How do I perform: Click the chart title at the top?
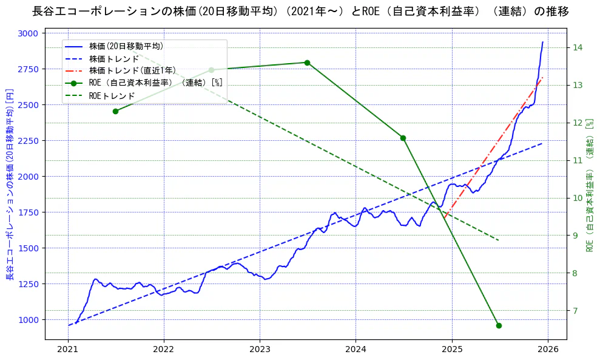coord(300,12)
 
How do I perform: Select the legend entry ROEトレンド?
coord(112,96)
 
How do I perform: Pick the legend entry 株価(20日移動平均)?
coord(126,46)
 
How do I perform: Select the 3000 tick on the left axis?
coord(29,33)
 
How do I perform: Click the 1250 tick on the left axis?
coord(29,284)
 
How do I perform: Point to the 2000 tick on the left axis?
coord(29,177)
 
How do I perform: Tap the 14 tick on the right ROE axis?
coord(578,48)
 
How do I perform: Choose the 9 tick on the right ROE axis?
coord(578,236)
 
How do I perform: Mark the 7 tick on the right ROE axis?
coord(578,311)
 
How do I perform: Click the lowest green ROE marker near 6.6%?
coord(499,325)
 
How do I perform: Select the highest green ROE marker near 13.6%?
coord(307,63)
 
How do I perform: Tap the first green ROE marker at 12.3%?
coord(115,111)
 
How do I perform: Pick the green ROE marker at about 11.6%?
coord(403,138)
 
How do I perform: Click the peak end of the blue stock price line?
coord(542,42)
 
